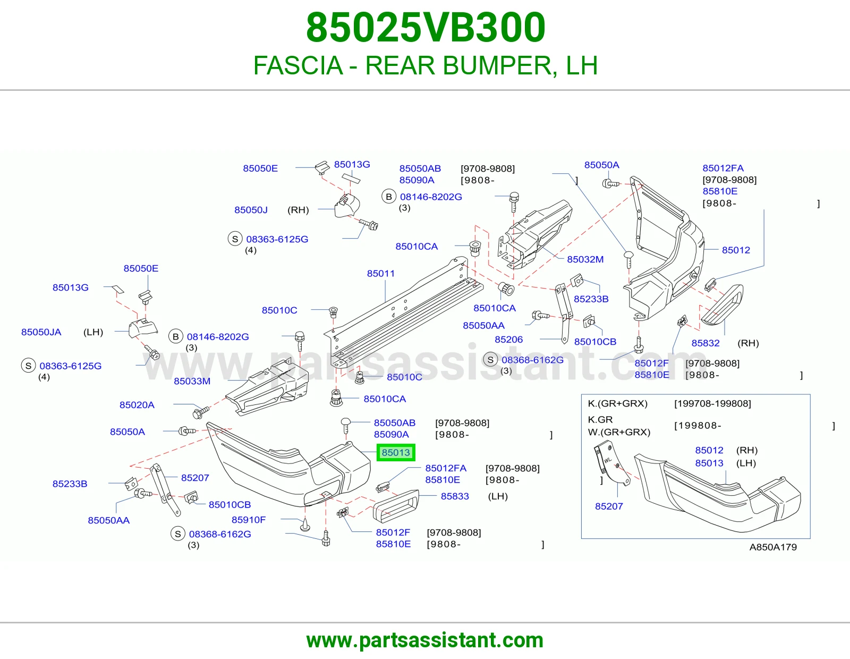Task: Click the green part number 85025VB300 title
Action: click(x=426, y=28)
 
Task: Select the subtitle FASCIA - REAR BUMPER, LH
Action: click(x=426, y=65)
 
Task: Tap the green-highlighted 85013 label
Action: click(x=395, y=452)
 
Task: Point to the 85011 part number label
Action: click(x=380, y=273)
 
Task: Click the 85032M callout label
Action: click(x=585, y=259)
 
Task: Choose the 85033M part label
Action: click(x=192, y=381)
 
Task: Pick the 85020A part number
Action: click(x=137, y=404)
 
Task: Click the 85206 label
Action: click(x=508, y=339)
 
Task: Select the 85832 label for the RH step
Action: click(x=705, y=343)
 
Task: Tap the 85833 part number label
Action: click(x=455, y=496)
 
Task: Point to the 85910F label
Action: click(x=249, y=519)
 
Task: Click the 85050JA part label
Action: click(x=41, y=332)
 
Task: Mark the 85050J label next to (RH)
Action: click(x=251, y=210)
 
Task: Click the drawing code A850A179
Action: click(x=773, y=547)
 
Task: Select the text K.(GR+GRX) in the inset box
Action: click(x=618, y=403)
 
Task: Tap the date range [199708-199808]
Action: click(x=712, y=403)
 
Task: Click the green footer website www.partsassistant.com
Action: click(x=425, y=640)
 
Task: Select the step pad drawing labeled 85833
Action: click(x=396, y=506)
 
